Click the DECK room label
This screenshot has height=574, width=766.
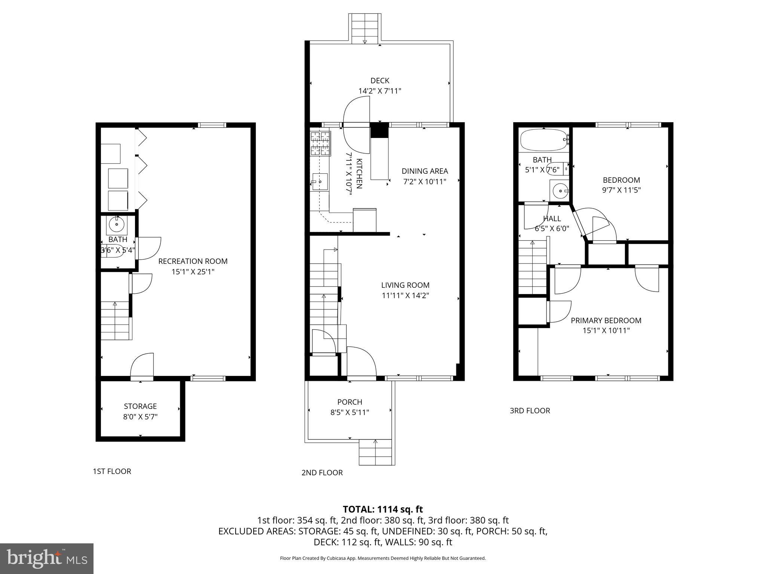point(380,80)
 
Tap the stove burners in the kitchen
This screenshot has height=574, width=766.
point(321,143)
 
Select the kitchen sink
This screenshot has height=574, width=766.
point(320,182)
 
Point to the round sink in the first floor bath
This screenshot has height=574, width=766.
point(117,224)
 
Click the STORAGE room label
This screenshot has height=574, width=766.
point(140,406)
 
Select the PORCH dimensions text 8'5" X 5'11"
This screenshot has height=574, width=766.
point(350,413)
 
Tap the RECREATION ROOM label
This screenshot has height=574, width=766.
point(193,261)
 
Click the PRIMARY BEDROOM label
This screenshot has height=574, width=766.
point(606,320)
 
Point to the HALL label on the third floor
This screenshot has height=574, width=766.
point(552,219)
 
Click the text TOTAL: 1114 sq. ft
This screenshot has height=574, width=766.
point(383,509)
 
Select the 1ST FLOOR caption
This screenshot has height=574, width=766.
point(112,471)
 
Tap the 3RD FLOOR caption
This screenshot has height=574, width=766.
point(530,411)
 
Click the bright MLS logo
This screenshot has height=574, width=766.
point(47,559)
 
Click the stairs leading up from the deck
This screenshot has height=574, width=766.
point(365,28)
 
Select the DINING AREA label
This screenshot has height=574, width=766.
point(425,171)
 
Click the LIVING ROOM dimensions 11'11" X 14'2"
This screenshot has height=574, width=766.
point(405,295)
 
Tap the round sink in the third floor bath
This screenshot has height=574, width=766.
point(560,191)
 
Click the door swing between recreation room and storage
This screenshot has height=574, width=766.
point(143,365)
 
